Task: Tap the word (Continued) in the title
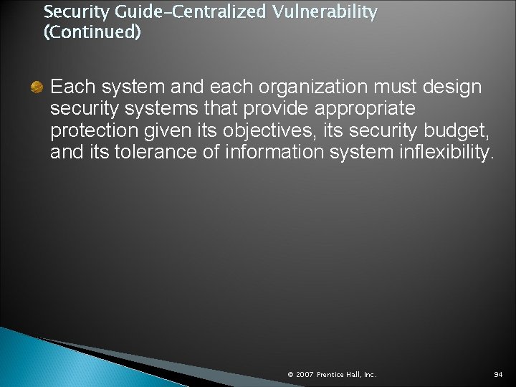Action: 92,32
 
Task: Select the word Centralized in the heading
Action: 207,12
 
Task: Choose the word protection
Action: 90,131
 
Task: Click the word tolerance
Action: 142,151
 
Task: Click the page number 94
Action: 498,375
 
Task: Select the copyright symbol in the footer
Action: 290,375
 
